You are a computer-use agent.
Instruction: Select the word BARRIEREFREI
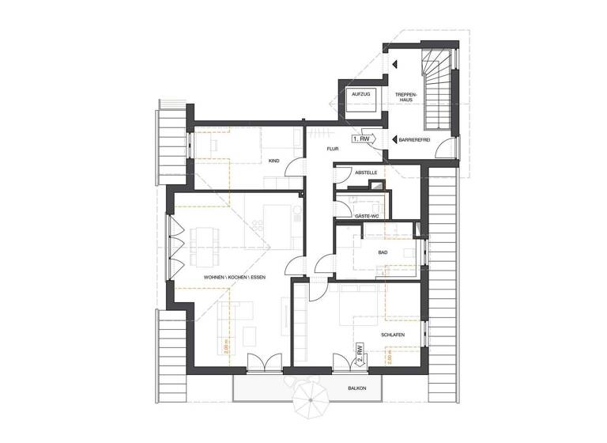click(414, 138)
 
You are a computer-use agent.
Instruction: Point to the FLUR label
click(334, 148)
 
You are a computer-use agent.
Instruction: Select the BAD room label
click(383, 252)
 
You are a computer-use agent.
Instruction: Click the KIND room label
click(274, 161)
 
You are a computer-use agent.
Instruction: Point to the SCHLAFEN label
click(393, 335)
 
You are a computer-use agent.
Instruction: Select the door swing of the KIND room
click(294, 168)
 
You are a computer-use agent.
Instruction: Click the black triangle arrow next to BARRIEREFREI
click(394, 138)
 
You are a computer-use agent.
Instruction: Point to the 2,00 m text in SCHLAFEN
click(390, 357)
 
